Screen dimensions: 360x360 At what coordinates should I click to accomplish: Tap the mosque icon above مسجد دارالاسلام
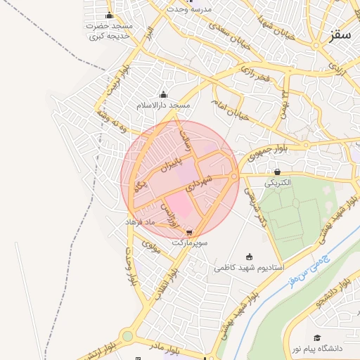[164, 95]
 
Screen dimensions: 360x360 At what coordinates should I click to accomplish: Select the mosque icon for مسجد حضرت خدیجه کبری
[109, 15]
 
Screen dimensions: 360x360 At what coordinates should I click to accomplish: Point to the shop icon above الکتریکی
[278, 172]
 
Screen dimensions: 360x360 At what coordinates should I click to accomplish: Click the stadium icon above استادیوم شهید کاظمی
[248, 257]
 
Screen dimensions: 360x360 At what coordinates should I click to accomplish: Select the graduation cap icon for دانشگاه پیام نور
[318, 337]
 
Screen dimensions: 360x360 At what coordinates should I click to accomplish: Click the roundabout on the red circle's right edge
[233, 176]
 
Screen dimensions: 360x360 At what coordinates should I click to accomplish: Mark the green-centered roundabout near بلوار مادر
[127, 336]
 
